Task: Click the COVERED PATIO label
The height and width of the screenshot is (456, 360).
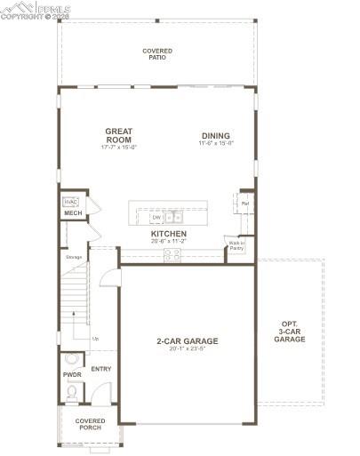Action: (x=157, y=53)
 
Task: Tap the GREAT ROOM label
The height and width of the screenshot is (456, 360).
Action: (x=118, y=135)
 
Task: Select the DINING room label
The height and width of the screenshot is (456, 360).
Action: (x=215, y=136)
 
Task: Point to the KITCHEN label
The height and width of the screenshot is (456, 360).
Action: (x=168, y=234)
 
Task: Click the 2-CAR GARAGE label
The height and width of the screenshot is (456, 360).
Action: (x=187, y=340)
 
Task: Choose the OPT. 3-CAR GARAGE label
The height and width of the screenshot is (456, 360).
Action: (x=290, y=331)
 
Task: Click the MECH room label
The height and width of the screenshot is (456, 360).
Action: (x=72, y=213)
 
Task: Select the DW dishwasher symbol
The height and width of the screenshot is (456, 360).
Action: (x=156, y=217)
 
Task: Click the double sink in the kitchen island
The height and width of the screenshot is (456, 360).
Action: (x=174, y=216)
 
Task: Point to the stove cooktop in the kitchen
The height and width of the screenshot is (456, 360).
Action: (x=172, y=254)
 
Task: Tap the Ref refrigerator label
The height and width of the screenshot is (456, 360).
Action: (x=244, y=204)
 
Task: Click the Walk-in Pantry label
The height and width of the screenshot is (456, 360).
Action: (x=236, y=245)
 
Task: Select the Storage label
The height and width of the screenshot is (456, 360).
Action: (x=74, y=258)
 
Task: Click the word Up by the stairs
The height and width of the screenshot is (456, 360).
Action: (x=96, y=339)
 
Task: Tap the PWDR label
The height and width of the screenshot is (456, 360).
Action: (x=72, y=375)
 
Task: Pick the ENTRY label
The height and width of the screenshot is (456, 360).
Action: (x=100, y=369)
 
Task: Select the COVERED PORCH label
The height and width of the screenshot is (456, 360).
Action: (x=89, y=424)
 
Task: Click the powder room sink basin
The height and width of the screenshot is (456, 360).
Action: (x=72, y=359)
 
